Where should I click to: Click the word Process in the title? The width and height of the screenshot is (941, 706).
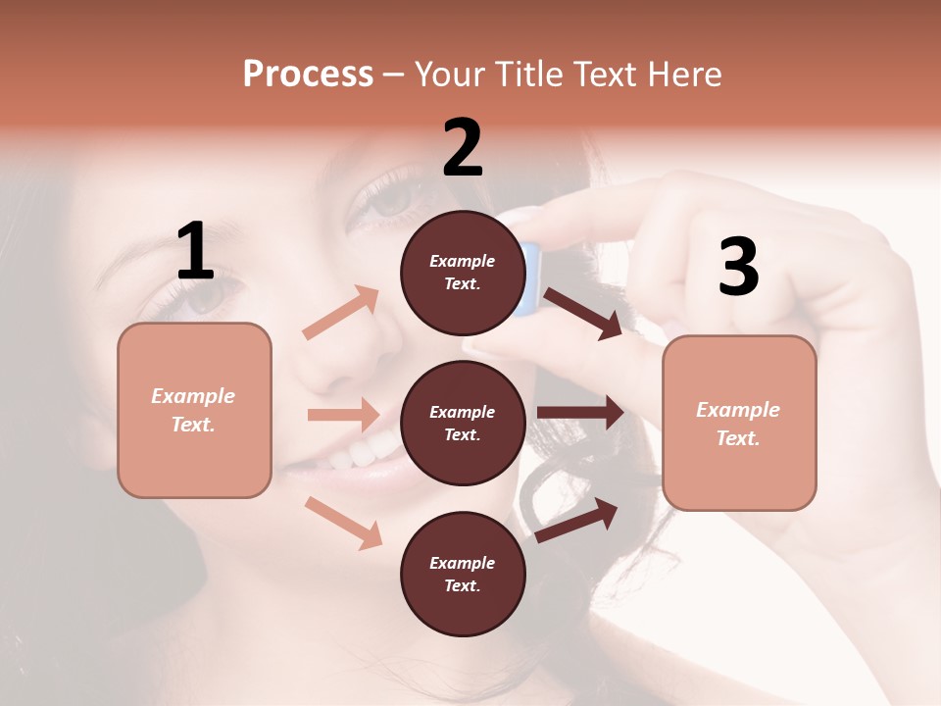pos(308,74)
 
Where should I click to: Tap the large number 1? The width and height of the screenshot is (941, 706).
pos(194,252)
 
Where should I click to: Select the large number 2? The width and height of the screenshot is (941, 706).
pos(463,149)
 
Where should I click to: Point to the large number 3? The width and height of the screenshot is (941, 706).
pos(738,267)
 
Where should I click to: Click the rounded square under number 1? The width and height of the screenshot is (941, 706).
pos(194,410)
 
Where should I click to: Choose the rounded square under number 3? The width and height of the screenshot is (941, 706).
pos(739,424)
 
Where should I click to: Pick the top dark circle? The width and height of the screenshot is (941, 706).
pos(463,273)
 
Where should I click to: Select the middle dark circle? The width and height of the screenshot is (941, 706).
pos(463,423)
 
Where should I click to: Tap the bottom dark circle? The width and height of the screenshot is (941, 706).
pos(463,574)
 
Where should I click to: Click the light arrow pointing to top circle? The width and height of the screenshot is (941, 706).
pos(341,312)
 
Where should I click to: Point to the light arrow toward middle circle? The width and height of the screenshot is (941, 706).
pos(344,415)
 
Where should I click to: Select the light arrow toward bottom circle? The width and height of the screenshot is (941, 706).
pos(344,523)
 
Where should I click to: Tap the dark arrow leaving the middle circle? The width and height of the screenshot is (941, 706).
pos(580,413)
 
